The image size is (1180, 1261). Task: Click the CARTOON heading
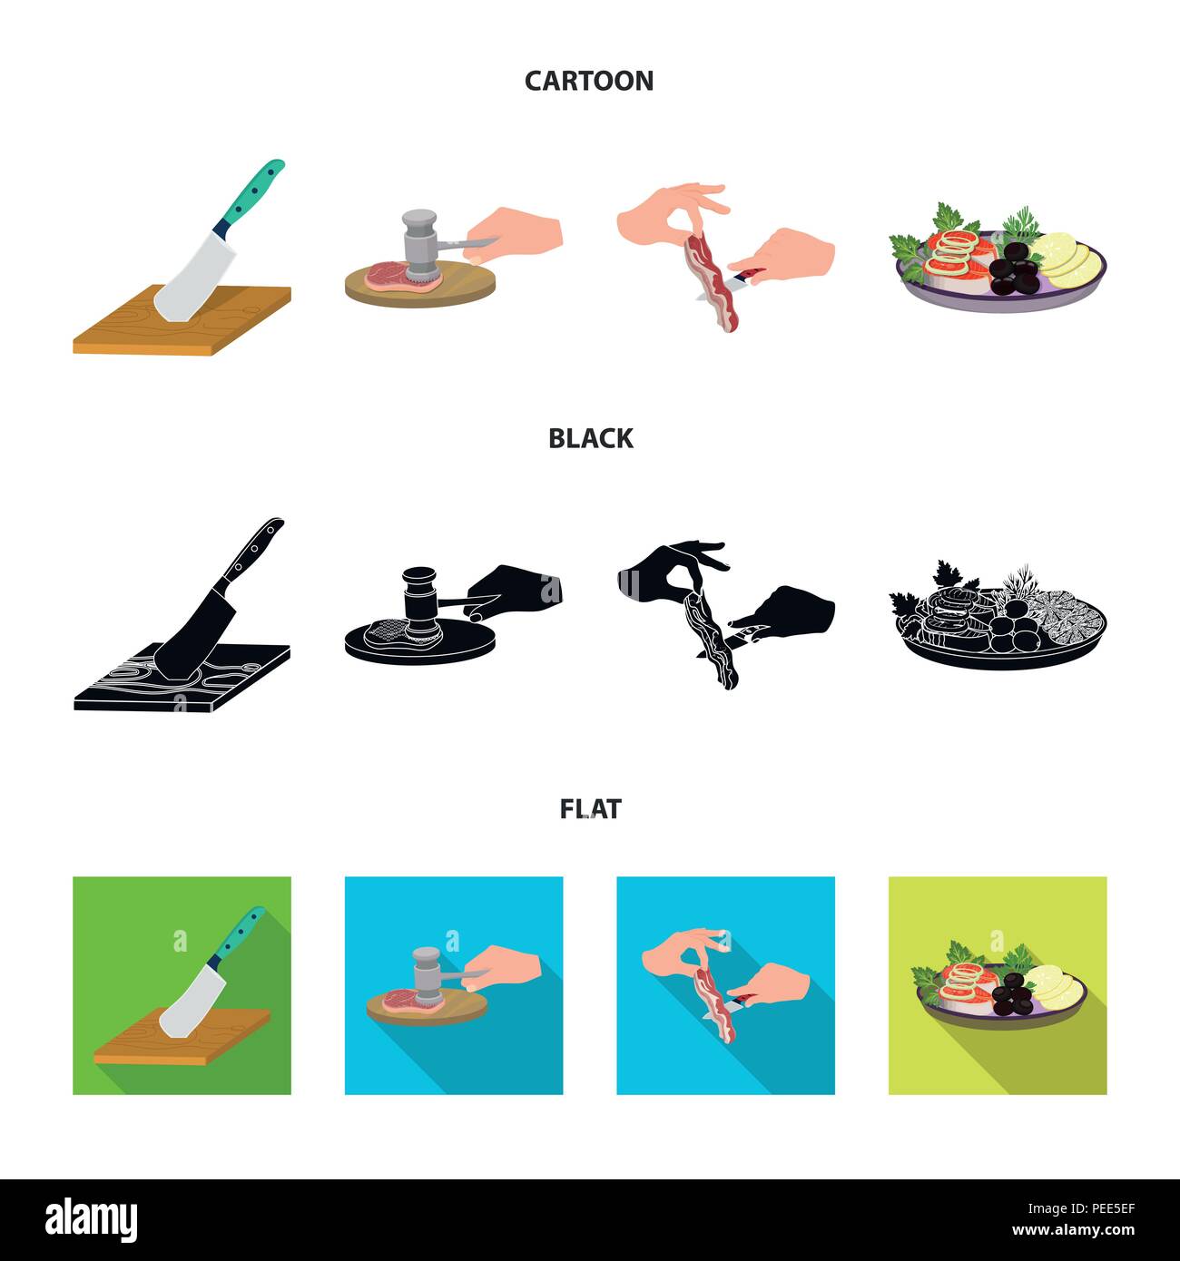click(589, 81)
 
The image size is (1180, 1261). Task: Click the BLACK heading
click(590, 439)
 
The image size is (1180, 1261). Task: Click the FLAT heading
click(590, 809)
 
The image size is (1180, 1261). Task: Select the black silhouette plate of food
click(998, 619)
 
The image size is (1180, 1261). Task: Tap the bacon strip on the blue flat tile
click(714, 1005)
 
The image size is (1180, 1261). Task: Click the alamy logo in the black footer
click(91, 1220)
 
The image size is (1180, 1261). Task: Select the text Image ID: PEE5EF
click(1081, 1208)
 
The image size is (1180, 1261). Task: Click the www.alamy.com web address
click(1073, 1230)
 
